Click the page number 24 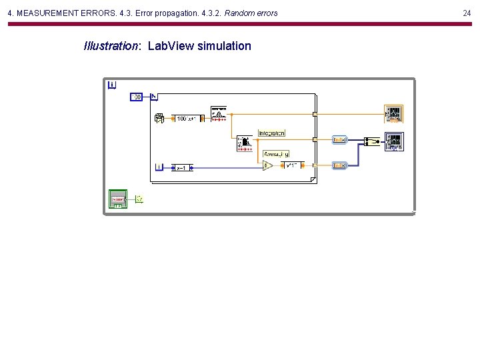[466, 13]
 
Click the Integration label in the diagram [271, 133]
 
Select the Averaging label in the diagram [275, 154]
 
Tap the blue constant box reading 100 [135, 97]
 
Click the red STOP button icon [118, 199]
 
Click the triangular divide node [267, 165]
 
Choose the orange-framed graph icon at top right [394, 113]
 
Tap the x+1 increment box [181, 168]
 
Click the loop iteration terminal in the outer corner [112, 84]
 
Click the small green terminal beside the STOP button [139, 199]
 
